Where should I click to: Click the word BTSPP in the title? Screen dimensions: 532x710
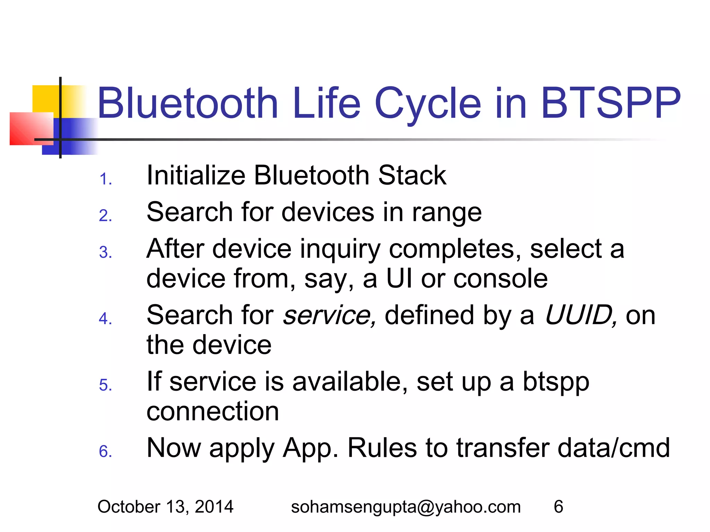(x=611, y=103)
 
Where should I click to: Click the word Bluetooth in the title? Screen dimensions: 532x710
(x=188, y=103)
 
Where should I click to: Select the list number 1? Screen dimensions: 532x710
(x=105, y=179)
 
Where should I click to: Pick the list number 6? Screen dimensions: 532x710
(x=105, y=452)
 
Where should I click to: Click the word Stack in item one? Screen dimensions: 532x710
(x=412, y=175)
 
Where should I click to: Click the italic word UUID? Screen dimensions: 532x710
(x=580, y=315)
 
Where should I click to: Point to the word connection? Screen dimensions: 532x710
(x=213, y=411)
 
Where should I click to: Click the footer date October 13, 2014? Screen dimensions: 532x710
(x=165, y=507)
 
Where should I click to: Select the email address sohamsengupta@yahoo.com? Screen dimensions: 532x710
(x=406, y=507)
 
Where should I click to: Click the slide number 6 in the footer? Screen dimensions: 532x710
(x=558, y=507)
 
